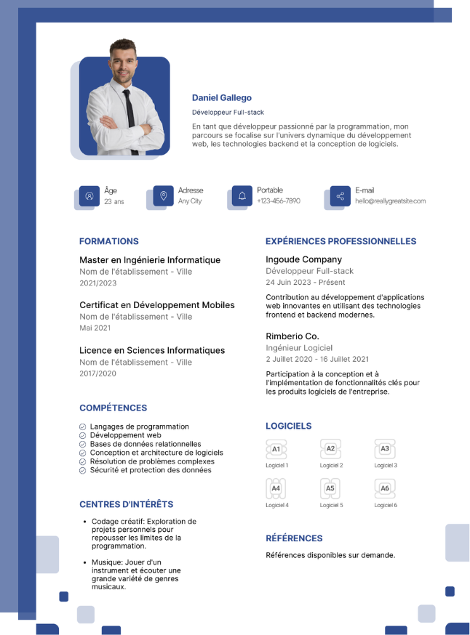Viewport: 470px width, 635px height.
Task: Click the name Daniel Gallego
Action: click(x=222, y=98)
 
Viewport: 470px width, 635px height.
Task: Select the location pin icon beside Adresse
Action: click(x=163, y=196)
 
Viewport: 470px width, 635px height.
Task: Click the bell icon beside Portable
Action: click(x=242, y=196)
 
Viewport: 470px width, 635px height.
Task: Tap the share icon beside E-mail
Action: click(x=340, y=196)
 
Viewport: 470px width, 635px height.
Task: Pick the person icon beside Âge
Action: click(x=89, y=196)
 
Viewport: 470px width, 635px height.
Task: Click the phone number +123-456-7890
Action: click(x=278, y=201)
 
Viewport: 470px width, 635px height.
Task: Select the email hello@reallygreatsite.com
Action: click(x=390, y=201)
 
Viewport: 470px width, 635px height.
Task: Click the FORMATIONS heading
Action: click(x=108, y=241)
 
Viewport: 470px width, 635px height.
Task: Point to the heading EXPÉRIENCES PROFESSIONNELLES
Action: click(x=340, y=241)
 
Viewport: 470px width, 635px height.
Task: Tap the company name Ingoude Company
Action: click(x=303, y=259)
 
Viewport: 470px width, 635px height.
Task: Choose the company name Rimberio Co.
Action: click(x=292, y=336)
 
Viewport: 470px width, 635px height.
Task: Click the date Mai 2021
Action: click(x=95, y=328)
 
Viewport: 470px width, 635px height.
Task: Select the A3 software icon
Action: click(x=385, y=450)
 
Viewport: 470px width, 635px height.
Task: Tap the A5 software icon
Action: click(x=330, y=489)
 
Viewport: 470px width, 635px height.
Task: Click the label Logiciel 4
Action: click(x=277, y=505)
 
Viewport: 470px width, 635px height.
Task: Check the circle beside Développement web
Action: click(x=83, y=435)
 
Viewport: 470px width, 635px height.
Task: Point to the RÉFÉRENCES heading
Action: click(x=294, y=538)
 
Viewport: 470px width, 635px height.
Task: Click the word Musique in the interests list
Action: click(x=105, y=562)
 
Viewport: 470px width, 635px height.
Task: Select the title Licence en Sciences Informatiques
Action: click(x=152, y=350)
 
